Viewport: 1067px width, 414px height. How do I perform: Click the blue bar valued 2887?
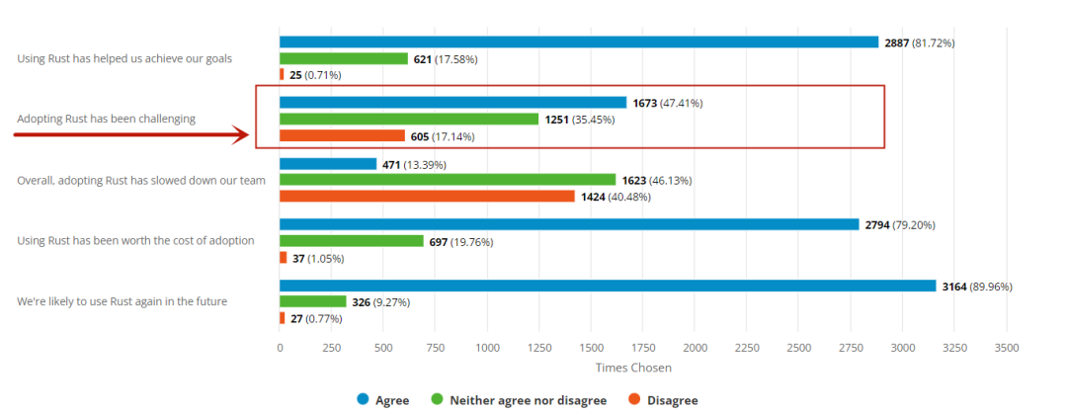[x=579, y=41]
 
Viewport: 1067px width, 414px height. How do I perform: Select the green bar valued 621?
[x=344, y=59]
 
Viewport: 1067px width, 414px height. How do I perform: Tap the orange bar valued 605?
[x=342, y=135]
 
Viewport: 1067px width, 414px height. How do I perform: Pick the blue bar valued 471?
[x=328, y=164]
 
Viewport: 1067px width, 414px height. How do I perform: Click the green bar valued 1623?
[x=448, y=180]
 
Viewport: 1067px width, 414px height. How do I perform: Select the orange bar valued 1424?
[x=427, y=196]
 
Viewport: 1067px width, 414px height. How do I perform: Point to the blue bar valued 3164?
[x=608, y=286]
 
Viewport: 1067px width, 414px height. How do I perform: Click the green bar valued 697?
[x=352, y=241]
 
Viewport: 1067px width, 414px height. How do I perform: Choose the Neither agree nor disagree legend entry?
[x=518, y=400]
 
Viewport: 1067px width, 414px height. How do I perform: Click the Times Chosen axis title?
[x=633, y=368]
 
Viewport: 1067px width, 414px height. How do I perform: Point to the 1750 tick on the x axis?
[x=643, y=348]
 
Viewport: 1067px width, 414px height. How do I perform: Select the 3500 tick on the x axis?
[x=1006, y=348]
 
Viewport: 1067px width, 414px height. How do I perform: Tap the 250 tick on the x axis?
[x=332, y=348]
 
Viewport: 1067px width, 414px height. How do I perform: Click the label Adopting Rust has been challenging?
[x=106, y=119]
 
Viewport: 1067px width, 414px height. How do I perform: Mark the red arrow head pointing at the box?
[x=241, y=135]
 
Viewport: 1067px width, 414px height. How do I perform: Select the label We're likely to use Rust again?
[x=122, y=300]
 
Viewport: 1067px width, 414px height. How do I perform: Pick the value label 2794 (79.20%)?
[x=899, y=225]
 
